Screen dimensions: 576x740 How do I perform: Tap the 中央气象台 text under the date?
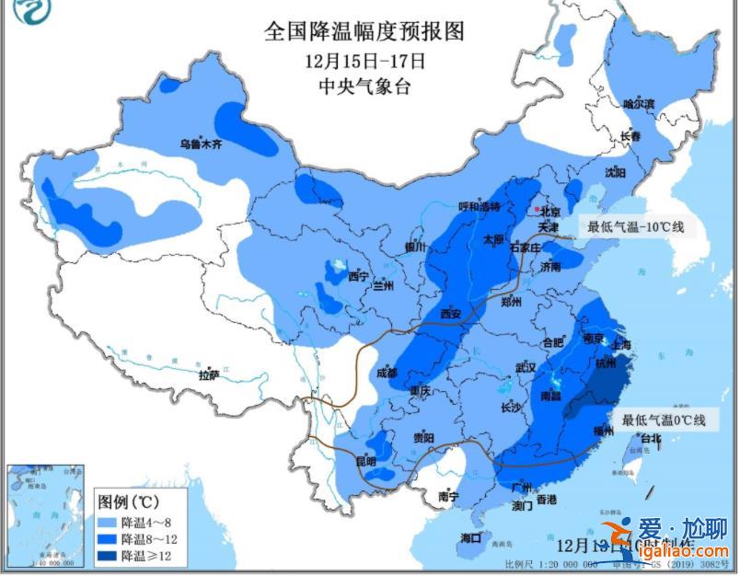click(x=364, y=86)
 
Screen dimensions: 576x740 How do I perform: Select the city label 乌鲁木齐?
click(x=201, y=144)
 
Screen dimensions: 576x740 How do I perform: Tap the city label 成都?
click(x=387, y=373)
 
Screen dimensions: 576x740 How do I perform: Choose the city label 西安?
click(x=450, y=314)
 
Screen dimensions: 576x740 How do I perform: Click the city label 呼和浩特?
click(x=479, y=207)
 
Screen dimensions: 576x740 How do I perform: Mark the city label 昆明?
click(x=366, y=460)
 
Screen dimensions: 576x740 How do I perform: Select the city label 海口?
click(x=470, y=537)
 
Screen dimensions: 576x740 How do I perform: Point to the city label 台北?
click(x=649, y=439)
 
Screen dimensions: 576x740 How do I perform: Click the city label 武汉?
click(x=526, y=366)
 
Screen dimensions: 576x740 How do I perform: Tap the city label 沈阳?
click(x=615, y=172)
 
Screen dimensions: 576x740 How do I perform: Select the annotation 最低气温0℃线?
click(x=663, y=420)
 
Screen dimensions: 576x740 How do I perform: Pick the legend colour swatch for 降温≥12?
click(x=112, y=555)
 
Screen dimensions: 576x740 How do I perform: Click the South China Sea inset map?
click(x=45, y=515)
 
